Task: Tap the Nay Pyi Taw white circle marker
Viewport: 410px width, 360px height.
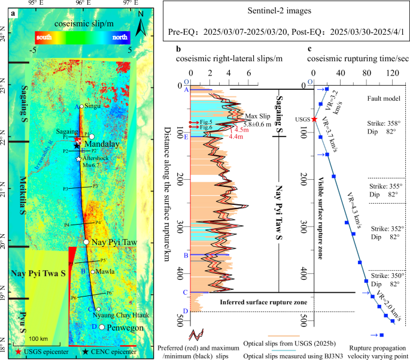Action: point(86,242)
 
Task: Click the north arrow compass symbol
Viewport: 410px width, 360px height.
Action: point(139,25)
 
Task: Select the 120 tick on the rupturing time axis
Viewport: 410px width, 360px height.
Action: point(394,72)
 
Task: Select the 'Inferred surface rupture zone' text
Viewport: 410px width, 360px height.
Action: point(263,302)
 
